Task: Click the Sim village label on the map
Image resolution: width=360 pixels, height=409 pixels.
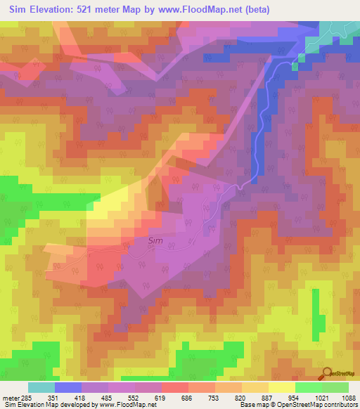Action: coord(156,240)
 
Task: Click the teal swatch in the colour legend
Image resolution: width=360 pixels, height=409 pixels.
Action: coord(41,387)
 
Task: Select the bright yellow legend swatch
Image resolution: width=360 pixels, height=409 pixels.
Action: coord(282,387)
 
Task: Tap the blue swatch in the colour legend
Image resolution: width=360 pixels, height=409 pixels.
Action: coord(68,387)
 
